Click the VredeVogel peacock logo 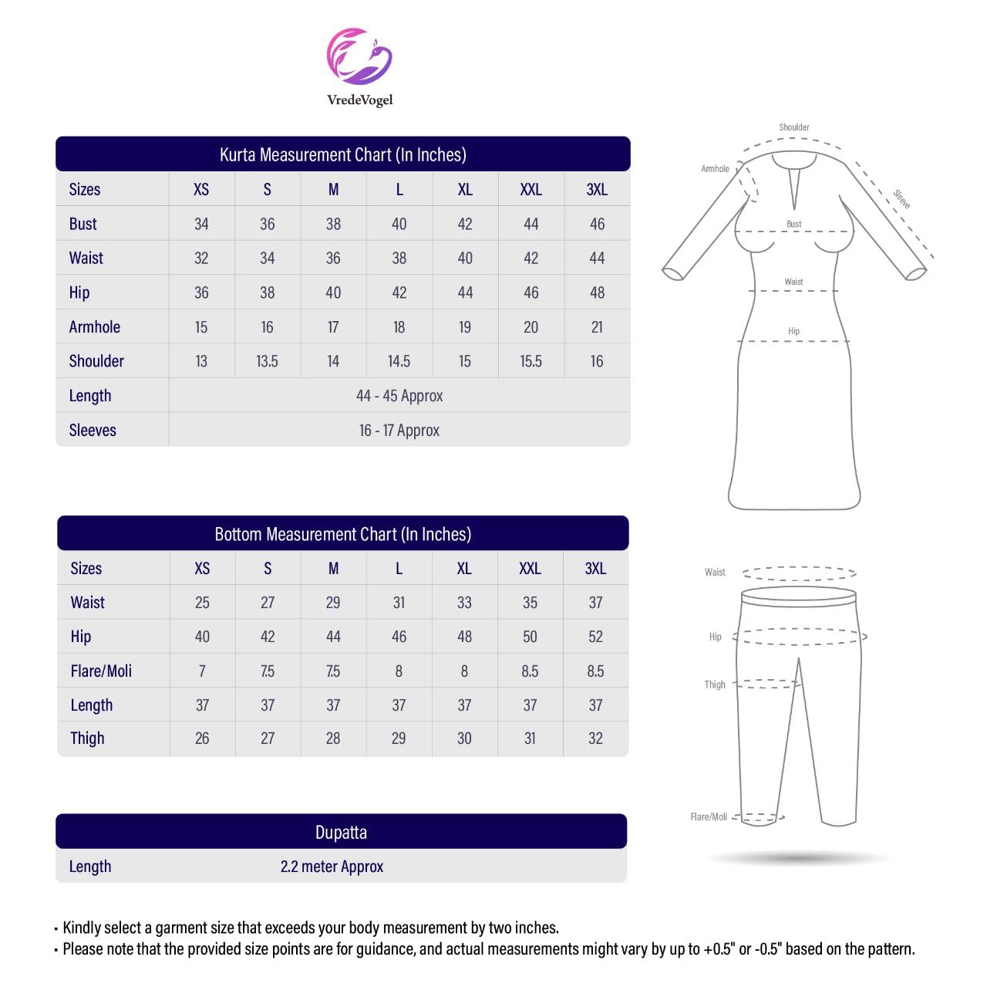(x=359, y=57)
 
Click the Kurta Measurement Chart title (x=342, y=154)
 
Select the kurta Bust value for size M (x=333, y=224)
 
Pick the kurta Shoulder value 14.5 (x=399, y=361)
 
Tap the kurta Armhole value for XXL (x=531, y=327)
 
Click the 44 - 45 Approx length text (x=399, y=396)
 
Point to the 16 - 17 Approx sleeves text (x=399, y=431)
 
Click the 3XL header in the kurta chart (x=597, y=190)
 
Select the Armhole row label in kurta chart (x=95, y=327)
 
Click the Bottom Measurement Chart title (x=342, y=534)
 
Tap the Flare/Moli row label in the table (x=101, y=671)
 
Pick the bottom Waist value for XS (x=202, y=603)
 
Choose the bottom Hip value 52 (x=595, y=637)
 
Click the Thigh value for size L (x=399, y=739)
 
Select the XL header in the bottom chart (x=464, y=569)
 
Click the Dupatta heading (x=341, y=833)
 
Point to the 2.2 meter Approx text (x=332, y=867)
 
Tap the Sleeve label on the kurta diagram (x=902, y=199)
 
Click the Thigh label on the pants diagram (x=715, y=684)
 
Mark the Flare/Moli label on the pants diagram (x=709, y=816)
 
